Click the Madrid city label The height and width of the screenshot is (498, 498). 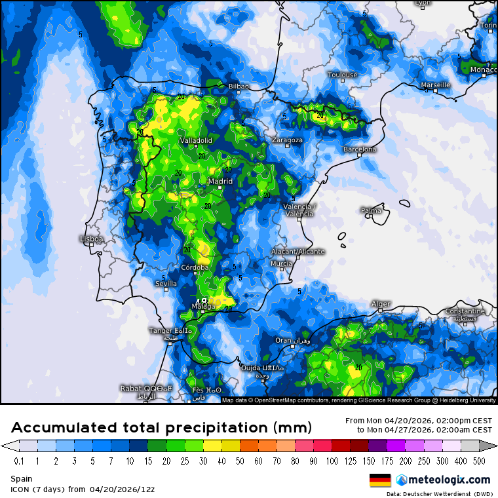(x=220, y=182)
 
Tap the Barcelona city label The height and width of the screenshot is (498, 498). (x=360, y=149)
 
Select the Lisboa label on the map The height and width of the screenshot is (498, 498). (x=91, y=239)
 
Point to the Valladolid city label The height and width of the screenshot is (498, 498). (x=196, y=140)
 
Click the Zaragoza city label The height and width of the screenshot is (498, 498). (x=287, y=140)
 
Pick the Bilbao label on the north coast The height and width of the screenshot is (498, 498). (x=239, y=86)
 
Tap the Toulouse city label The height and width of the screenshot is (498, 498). (x=343, y=75)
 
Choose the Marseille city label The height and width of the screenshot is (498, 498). (x=436, y=85)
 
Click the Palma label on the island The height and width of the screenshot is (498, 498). (x=371, y=210)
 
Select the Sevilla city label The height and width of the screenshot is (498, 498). (x=165, y=284)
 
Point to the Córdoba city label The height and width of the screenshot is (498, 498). (x=195, y=267)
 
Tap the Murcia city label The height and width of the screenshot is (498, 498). (x=281, y=263)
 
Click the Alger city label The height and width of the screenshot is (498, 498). (x=381, y=304)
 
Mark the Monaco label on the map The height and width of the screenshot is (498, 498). (x=484, y=69)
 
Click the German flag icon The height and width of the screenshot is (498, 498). (x=380, y=480)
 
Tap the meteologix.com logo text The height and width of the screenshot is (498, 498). (x=448, y=480)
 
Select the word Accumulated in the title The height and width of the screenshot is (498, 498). (x=66, y=428)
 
